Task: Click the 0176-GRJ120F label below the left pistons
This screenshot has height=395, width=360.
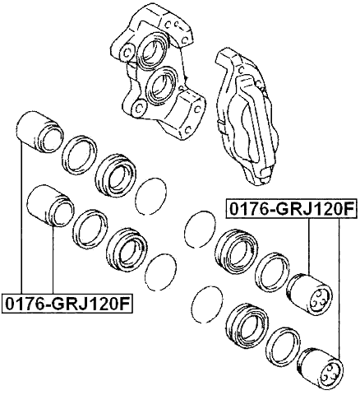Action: point(67,304)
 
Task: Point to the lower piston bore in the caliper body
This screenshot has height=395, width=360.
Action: point(162,86)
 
